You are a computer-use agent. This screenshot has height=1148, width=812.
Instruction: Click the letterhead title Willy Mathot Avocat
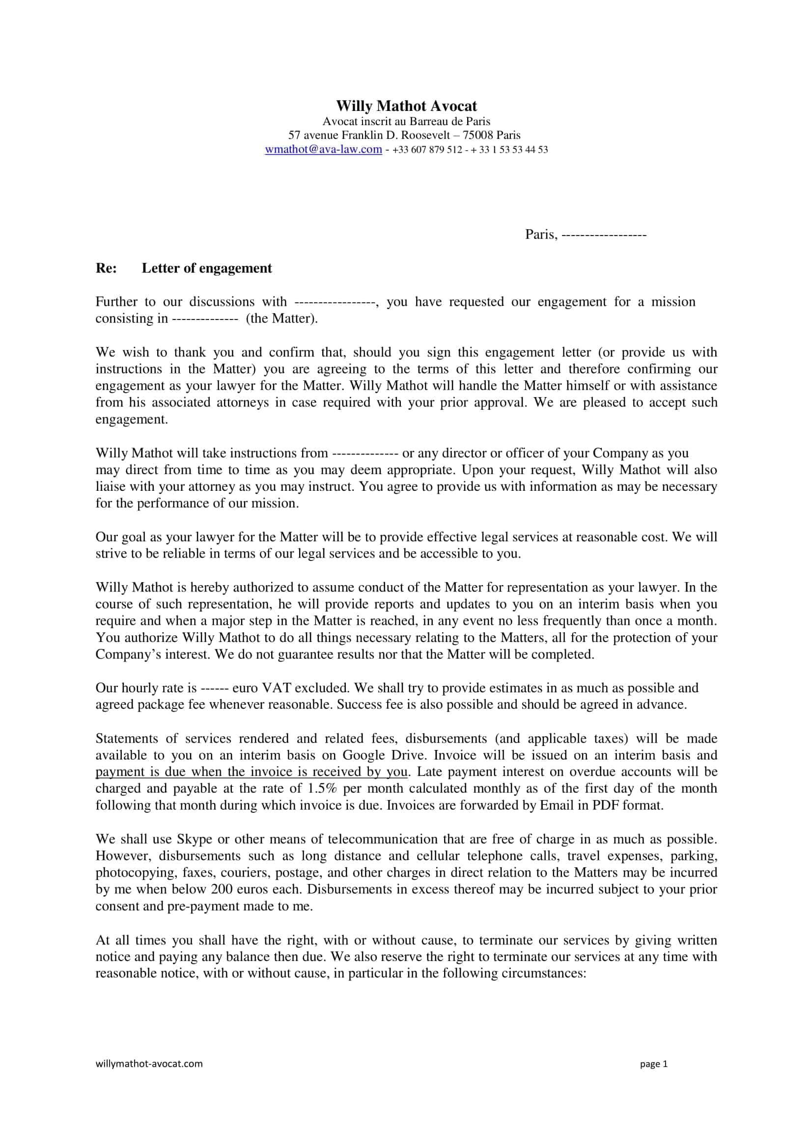point(406,106)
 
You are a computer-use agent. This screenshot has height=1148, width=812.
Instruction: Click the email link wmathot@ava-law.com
point(323,150)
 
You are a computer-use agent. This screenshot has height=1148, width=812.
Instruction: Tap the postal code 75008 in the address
point(478,135)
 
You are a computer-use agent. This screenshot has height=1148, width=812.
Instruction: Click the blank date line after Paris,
point(603,235)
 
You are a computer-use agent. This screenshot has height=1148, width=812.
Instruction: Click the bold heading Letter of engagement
point(207,268)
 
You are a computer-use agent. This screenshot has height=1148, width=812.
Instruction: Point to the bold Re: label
point(106,268)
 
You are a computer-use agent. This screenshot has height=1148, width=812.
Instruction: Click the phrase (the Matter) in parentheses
point(281,319)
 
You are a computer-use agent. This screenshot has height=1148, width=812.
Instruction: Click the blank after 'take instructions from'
point(364,454)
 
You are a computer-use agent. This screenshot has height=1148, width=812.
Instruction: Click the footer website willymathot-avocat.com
point(149,1064)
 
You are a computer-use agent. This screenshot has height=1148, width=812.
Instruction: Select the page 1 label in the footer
point(653,1064)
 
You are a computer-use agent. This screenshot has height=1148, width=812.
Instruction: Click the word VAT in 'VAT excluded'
point(277,688)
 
